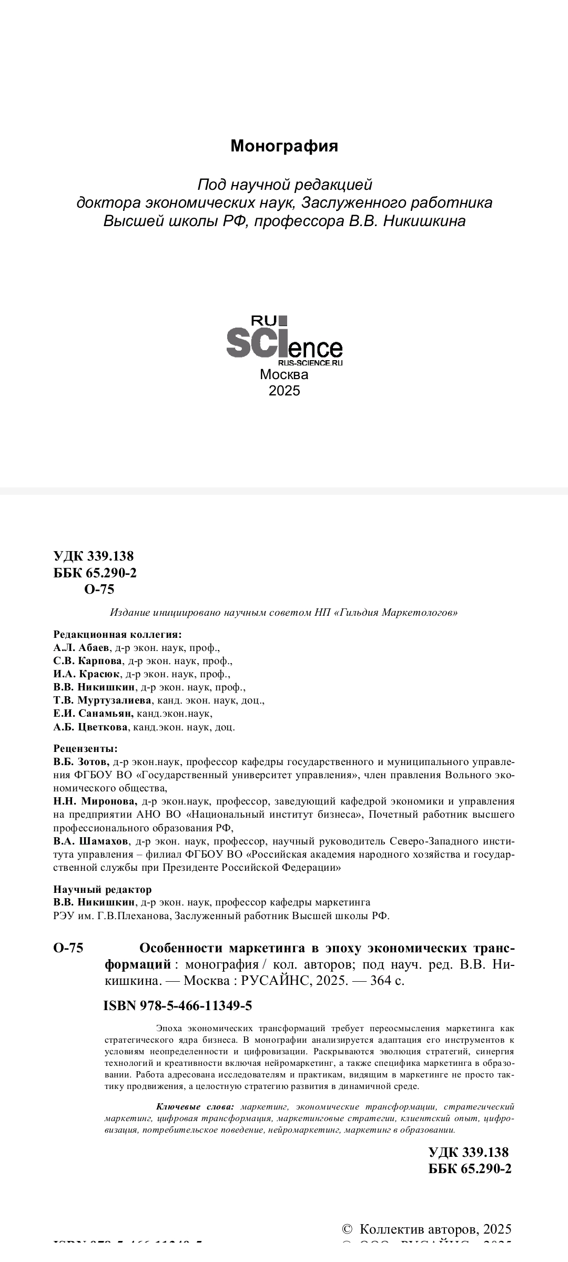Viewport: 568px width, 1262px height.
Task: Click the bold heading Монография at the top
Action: click(x=284, y=146)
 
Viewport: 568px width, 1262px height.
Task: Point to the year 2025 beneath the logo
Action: click(x=284, y=391)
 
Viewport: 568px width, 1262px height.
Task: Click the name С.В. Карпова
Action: click(x=88, y=660)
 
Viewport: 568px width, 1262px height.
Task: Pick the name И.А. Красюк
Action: click(x=87, y=674)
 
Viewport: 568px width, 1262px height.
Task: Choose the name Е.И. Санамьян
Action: click(x=93, y=714)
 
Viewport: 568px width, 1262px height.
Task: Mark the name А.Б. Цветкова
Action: click(x=90, y=727)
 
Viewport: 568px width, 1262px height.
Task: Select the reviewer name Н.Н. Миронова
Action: click(x=95, y=801)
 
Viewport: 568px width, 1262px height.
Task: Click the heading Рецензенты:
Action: click(x=85, y=748)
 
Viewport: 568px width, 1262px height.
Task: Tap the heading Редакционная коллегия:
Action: click(x=117, y=634)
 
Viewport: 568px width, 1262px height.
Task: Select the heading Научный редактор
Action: click(x=103, y=889)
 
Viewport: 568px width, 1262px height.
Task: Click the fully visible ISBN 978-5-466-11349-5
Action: click(x=178, y=1006)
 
